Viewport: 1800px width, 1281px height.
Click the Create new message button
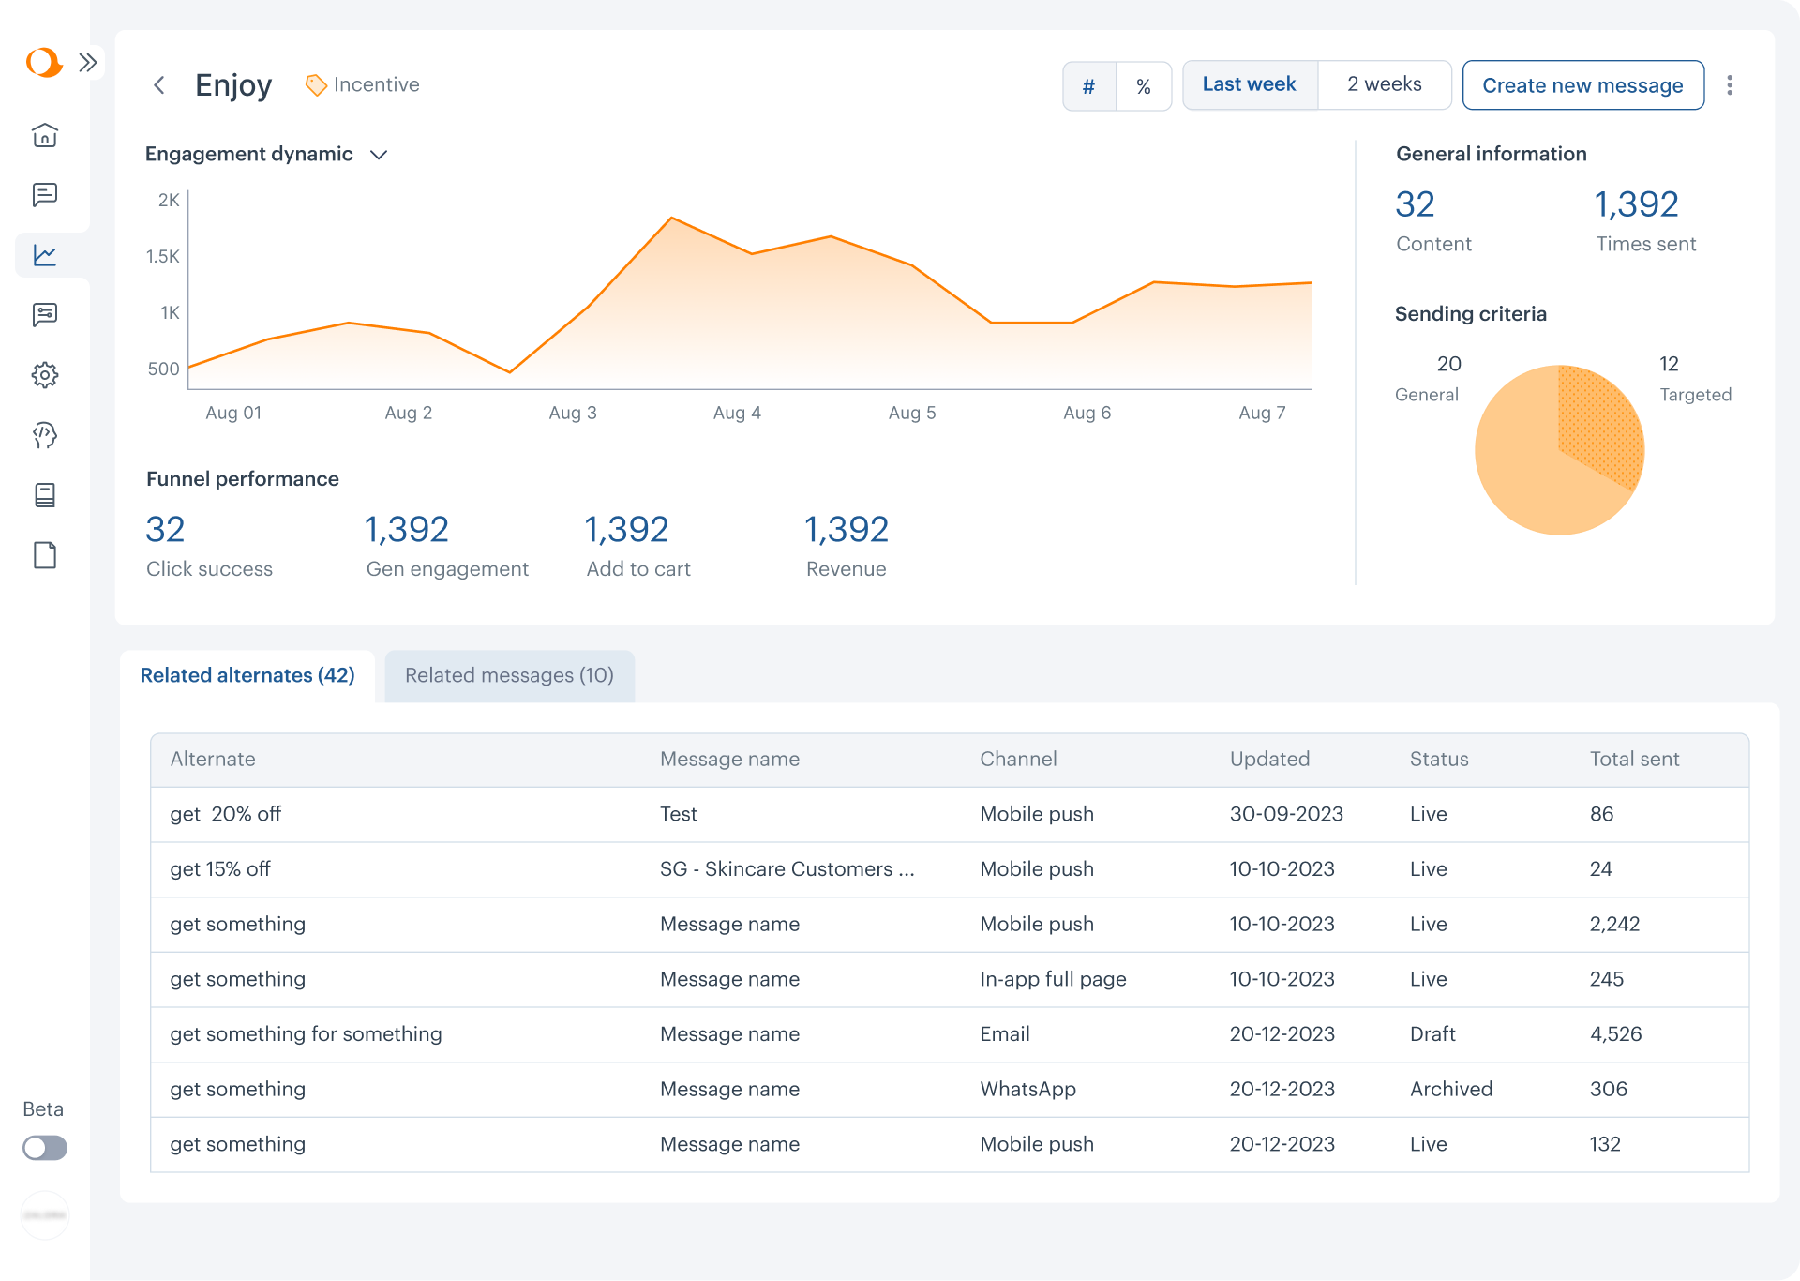pyautogui.click(x=1582, y=85)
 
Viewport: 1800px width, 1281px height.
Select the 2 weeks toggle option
pyautogui.click(x=1384, y=84)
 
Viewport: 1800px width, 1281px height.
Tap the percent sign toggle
pyautogui.click(x=1144, y=86)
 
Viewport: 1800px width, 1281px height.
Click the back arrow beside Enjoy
pyautogui.click(x=159, y=85)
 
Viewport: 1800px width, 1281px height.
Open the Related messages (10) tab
pyautogui.click(x=509, y=675)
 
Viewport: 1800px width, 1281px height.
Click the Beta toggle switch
pyautogui.click(x=45, y=1148)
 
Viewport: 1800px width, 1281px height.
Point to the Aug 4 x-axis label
pyautogui.click(x=737, y=413)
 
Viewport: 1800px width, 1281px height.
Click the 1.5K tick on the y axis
pyautogui.click(x=162, y=256)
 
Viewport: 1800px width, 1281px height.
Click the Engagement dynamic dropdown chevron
pyautogui.click(x=379, y=155)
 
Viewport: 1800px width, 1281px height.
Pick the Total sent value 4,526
pyautogui.click(x=1615, y=1033)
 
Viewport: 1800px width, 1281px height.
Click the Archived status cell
pyautogui.click(x=1450, y=1089)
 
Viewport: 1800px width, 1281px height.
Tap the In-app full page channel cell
pyautogui.click(x=1053, y=979)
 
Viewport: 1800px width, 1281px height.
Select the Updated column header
pyautogui.click(x=1269, y=759)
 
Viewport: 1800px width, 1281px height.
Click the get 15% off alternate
pyautogui.click(x=220, y=869)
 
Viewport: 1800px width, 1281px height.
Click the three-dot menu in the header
pyautogui.click(x=1730, y=85)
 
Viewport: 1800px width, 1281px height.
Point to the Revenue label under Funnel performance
pyautogui.click(x=846, y=569)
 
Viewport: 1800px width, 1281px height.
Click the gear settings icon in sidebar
pyautogui.click(x=45, y=375)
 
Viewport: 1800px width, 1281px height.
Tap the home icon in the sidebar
pyautogui.click(x=45, y=135)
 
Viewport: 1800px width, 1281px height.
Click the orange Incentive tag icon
pyautogui.click(x=316, y=85)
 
